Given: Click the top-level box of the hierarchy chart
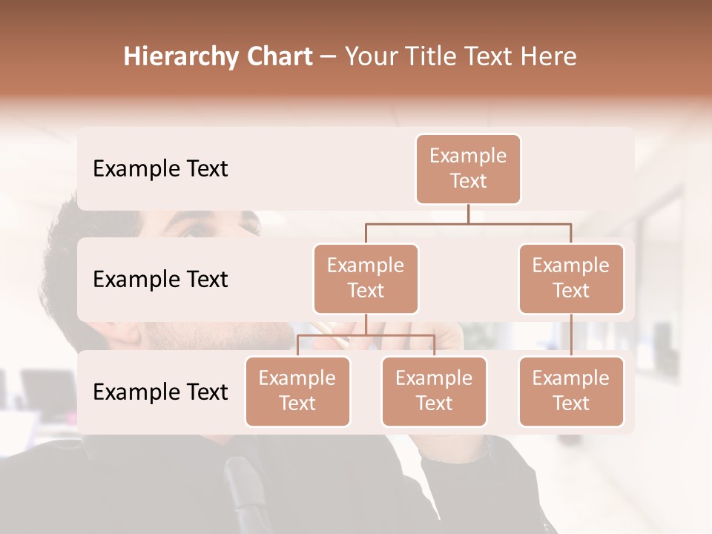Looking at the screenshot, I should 468,169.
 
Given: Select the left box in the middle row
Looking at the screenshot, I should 366,278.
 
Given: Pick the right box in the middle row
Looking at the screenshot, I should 571,278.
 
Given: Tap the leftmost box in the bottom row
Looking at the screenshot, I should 297,391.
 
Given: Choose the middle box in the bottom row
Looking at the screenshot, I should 434,391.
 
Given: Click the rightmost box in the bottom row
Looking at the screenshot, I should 571,391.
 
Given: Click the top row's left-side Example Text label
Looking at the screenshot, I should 160,169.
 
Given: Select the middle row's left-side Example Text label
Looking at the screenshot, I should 160,280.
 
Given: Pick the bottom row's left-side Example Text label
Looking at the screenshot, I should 160,392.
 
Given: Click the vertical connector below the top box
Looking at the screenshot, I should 468,214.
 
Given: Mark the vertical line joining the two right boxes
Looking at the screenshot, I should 571,335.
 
